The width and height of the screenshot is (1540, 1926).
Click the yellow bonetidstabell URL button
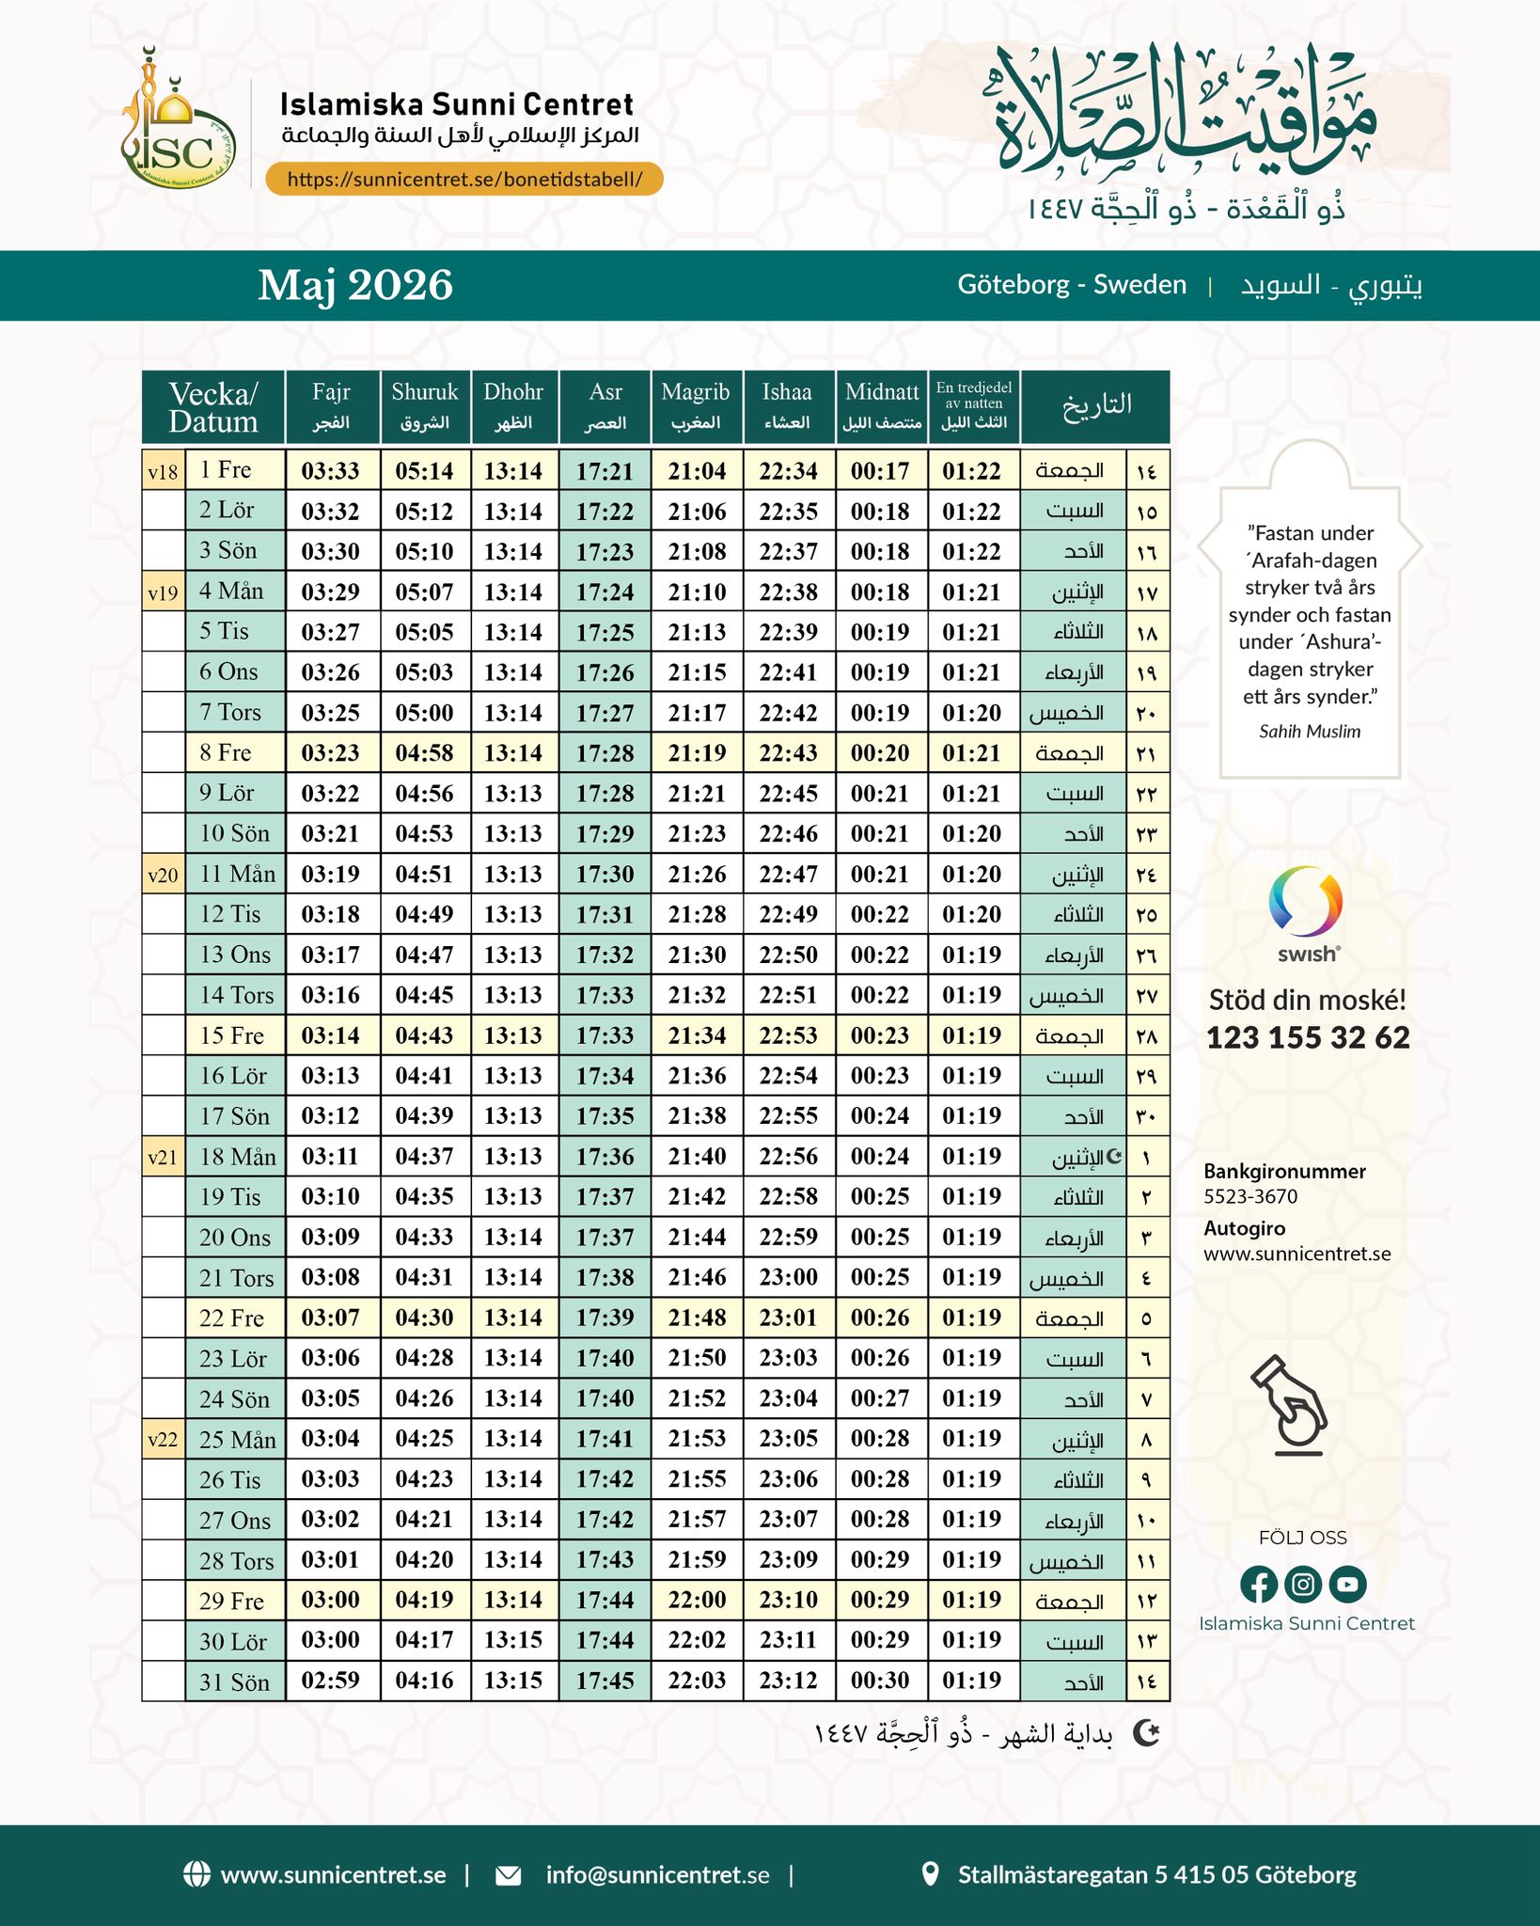(464, 179)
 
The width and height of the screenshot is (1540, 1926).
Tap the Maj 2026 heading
(355, 285)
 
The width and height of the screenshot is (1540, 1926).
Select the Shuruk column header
(425, 405)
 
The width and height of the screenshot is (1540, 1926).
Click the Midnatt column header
(881, 405)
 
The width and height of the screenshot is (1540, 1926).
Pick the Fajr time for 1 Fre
(331, 471)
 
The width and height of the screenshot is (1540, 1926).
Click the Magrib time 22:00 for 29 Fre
(697, 1600)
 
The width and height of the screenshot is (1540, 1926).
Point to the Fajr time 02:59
(331, 1681)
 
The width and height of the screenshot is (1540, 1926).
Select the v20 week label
(163, 875)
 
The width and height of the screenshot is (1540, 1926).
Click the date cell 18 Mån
(237, 1157)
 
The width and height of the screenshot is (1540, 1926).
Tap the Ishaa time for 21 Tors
(789, 1277)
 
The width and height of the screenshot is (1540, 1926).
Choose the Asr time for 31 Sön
(605, 1681)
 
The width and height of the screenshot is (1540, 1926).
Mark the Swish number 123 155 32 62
(1308, 1037)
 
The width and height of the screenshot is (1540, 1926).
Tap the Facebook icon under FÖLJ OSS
(1258, 1584)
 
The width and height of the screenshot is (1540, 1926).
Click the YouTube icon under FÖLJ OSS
(1347, 1584)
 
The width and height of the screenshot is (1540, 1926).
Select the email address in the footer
(657, 1875)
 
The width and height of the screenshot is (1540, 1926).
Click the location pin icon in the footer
(930, 1874)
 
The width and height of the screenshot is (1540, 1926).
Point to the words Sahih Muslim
(1310, 732)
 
